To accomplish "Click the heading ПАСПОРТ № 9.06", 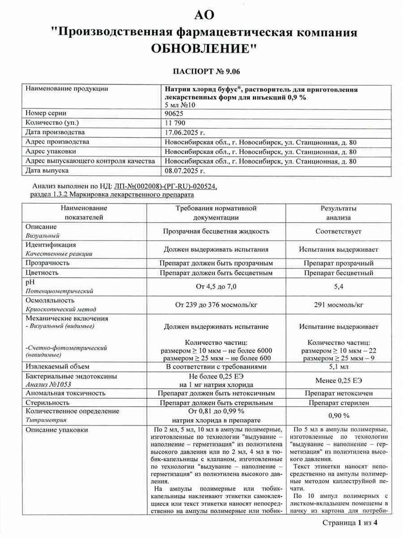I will coord(202,71).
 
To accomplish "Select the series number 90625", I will coord(175,113).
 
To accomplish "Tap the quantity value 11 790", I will coord(176,122).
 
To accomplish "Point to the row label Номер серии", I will coord(47,113).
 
